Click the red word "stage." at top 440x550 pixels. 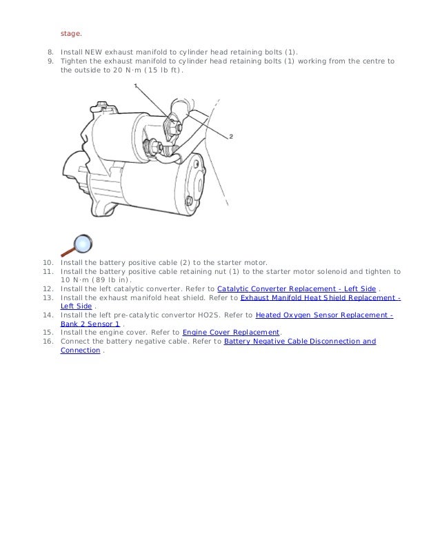pos(70,32)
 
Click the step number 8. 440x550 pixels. pos(50,52)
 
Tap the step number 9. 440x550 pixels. pos(50,61)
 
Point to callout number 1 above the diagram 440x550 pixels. pos(135,86)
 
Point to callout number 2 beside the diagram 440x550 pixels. pos(231,136)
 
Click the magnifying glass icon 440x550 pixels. pos(77,246)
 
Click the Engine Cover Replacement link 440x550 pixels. pos(230,332)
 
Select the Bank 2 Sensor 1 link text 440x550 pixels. pos(90,324)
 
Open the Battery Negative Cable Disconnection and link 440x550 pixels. pos(300,341)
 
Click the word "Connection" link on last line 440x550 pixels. pos(80,350)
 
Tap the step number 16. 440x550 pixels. pos(48,341)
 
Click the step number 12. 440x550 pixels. pos(48,288)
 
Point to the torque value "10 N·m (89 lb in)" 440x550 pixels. pos(95,280)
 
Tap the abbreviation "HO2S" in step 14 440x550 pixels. pos(209,315)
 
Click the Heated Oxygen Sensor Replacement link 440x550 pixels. pos(324,315)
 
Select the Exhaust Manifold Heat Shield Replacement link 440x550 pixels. pos(320,297)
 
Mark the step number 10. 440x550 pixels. pos(48,263)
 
